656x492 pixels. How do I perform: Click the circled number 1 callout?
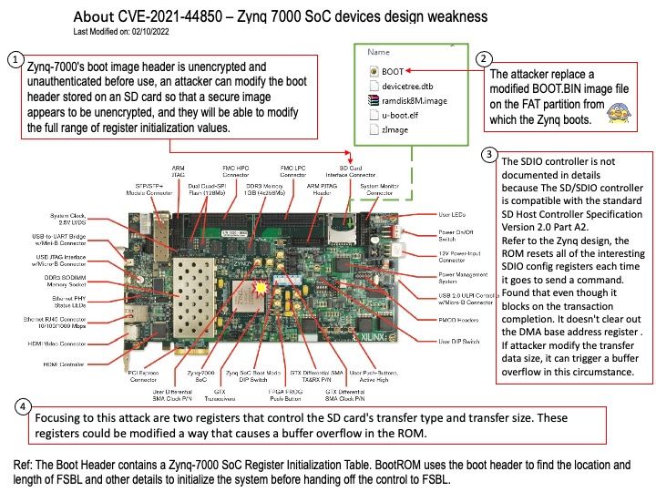(x=15, y=59)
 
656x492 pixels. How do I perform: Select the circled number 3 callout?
(x=492, y=156)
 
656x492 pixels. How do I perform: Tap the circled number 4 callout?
(x=23, y=405)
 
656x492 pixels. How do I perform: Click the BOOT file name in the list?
(x=393, y=69)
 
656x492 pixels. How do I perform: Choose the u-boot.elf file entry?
(x=404, y=116)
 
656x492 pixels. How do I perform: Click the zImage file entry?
(x=396, y=131)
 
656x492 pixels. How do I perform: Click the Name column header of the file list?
(x=378, y=53)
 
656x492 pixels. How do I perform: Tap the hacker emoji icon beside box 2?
(x=617, y=112)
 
